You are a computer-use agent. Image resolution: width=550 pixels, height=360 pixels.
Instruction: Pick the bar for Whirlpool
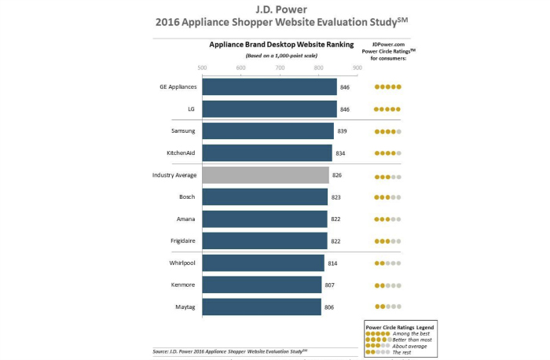[x=263, y=263]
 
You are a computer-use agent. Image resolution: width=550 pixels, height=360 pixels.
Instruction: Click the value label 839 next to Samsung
[x=342, y=130]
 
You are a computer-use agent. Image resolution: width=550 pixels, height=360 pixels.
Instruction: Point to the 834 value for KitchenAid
[x=340, y=152]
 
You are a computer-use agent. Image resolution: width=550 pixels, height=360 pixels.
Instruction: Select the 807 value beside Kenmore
[x=329, y=285]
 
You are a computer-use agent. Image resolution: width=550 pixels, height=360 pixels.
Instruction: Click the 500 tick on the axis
[x=203, y=67]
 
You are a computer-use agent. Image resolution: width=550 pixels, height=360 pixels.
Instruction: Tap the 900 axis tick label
[x=357, y=67]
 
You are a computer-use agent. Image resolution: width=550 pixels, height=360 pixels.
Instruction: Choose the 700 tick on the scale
[x=280, y=67]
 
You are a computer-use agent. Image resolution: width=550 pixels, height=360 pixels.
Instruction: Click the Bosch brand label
[x=187, y=197]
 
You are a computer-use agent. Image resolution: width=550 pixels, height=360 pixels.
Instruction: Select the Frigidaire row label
[x=181, y=241]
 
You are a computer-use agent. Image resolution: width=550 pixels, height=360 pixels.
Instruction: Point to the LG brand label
[x=192, y=108]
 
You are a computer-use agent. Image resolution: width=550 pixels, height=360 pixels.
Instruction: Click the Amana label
[x=185, y=219]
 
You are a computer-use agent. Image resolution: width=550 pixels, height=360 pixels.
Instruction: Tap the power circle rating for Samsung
[x=388, y=130]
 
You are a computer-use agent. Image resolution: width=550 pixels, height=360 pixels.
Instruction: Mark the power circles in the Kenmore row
[x=388, y=285]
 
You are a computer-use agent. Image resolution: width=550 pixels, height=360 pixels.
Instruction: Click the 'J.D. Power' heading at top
[x=274, y=9]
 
